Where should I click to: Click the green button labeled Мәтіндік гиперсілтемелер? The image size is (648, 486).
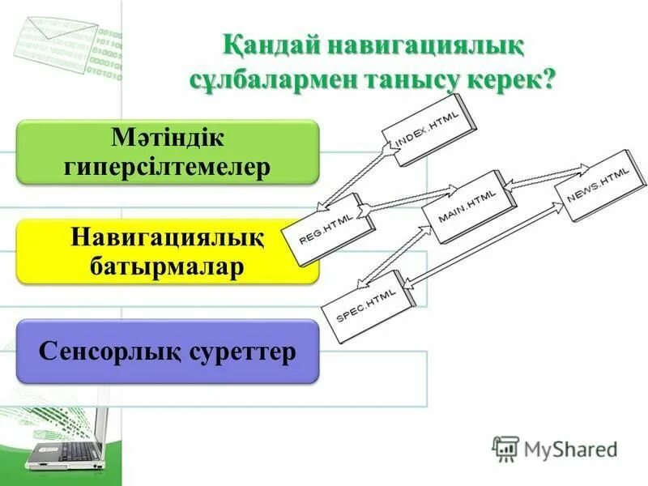pos(168,151)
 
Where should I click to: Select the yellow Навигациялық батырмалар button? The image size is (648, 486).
pos(168,251)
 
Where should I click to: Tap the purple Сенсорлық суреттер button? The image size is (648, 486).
pos(168,352)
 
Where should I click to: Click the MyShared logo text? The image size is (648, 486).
pos(567,448)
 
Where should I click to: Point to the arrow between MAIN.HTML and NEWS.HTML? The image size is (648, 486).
pos(547,176)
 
